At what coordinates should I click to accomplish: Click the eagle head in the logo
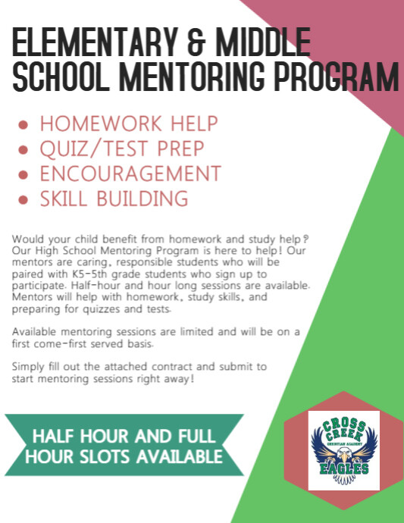[x=338, y=455]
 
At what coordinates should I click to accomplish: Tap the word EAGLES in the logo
[x=338, y=469]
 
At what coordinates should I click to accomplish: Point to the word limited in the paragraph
[x=184, y=333]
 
